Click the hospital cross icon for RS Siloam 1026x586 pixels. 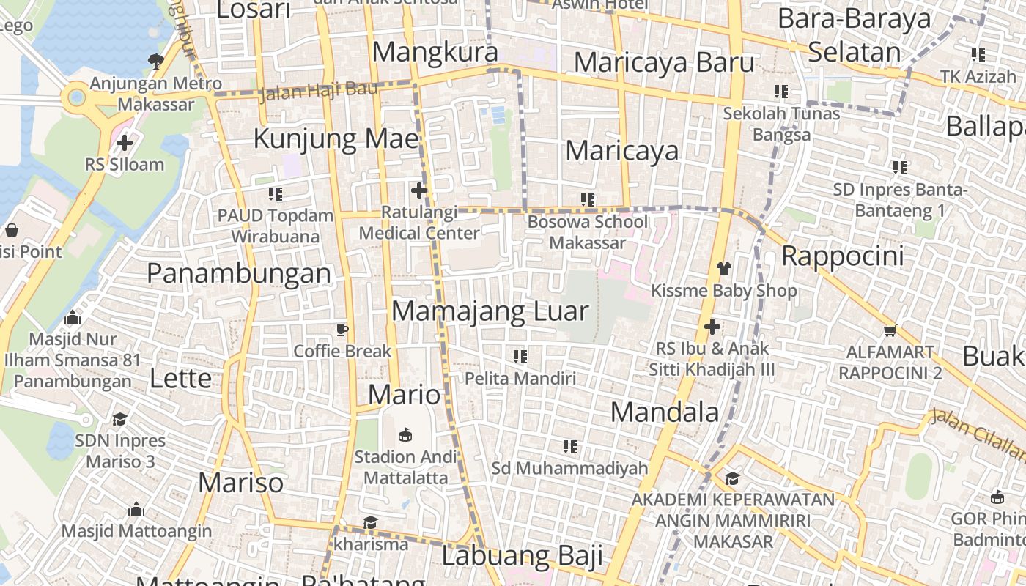pos(125,142)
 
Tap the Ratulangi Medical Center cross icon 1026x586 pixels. pos(419,191)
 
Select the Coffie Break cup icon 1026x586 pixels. pos(342,330)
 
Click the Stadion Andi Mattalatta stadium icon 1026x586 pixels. pos(405,435)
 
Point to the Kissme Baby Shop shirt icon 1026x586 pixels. pos(723,269)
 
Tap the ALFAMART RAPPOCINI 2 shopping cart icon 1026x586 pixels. pos(890,331)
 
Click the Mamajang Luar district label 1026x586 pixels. pos(490,311)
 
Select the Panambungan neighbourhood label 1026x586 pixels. pos(239,273)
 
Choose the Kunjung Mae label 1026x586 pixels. pos(336,138)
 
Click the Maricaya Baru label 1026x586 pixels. pos(664,62)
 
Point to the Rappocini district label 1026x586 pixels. pos(843,256)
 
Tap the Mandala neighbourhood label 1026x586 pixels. pos(665,412)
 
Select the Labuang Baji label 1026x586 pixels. pos(522,556)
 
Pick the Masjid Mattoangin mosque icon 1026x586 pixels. pos(136,510)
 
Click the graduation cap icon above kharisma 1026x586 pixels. pos(370,523)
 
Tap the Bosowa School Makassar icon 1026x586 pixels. pos(587,199)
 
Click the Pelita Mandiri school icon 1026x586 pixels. pos(520,357)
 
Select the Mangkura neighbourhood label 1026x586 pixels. pos(435,52)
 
